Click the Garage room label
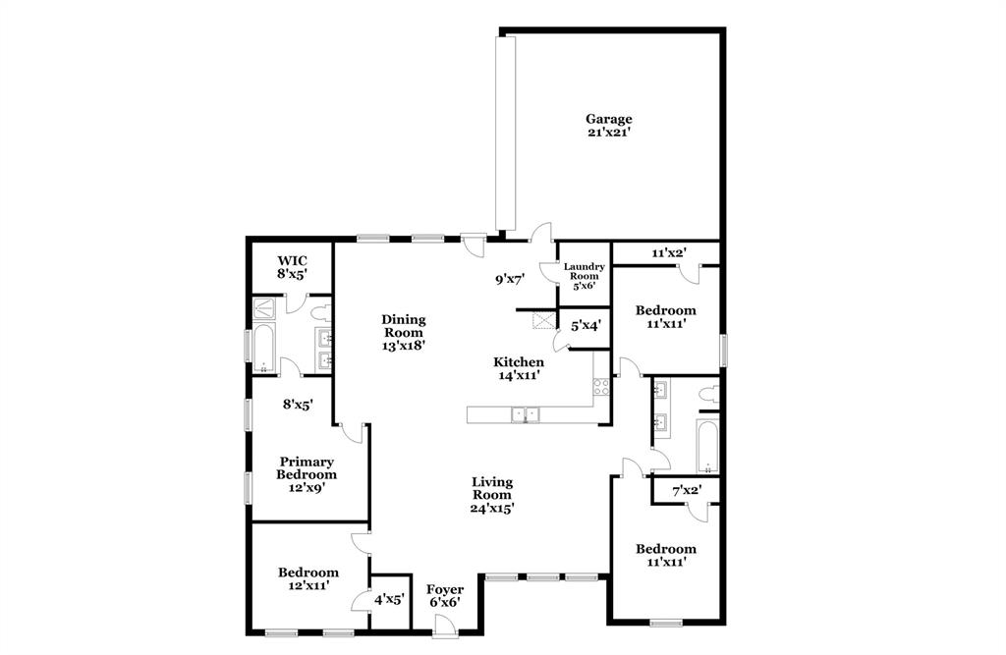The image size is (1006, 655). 609,126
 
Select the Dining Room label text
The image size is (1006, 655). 403,332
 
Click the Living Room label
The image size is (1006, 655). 492,495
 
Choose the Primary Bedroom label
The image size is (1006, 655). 306,473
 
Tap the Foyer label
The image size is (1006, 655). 444,595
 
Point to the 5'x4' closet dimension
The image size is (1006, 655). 586,324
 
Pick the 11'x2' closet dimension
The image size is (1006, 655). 668,252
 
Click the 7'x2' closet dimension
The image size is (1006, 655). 686,489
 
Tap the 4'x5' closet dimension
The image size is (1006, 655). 388,597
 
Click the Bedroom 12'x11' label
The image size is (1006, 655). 307,578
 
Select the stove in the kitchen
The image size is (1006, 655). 600,386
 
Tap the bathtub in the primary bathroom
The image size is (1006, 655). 262,349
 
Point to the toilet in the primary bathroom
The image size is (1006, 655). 319,313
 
